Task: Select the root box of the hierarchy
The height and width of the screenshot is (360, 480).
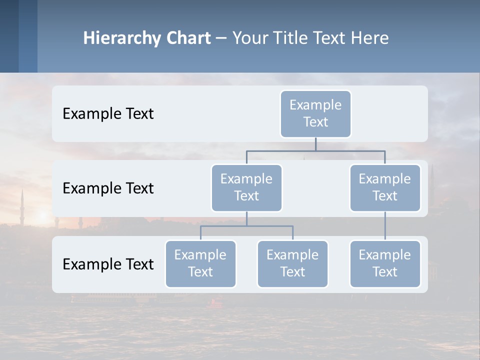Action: click(315, 113)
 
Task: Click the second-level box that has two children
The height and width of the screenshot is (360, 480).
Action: click(246, 187)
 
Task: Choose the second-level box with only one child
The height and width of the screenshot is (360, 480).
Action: click(385, 187)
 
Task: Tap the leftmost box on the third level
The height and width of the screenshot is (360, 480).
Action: click(200, 263)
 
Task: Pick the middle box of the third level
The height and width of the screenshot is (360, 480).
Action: click(292, 263)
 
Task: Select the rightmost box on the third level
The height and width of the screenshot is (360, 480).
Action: click(385, 263)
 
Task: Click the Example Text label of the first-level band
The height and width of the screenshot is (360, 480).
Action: click(108, 113)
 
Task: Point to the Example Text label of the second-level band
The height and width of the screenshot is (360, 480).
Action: click(108, 188)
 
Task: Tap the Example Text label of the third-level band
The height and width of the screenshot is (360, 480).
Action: click(108, 264)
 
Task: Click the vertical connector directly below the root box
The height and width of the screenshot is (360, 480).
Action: click(315, 144)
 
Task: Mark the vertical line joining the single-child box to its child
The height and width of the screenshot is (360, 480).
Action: click(385, 226)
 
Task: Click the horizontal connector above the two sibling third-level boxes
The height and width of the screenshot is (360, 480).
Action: click(246, 226)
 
